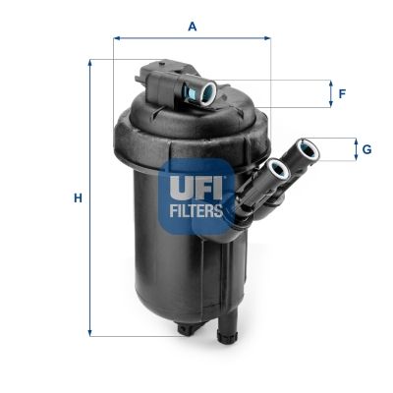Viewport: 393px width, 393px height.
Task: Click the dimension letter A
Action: tap(193, 27)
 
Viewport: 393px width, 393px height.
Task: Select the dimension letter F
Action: tap(342, 94)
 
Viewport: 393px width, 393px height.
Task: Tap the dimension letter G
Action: tap(365, 149)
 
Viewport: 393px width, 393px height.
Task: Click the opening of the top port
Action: tap(207, 93)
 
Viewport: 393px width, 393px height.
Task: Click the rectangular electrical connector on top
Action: tap(157, 77)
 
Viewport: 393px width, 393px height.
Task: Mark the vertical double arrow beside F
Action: tap(329, 94)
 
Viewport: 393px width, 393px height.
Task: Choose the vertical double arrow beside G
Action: tap(355, 149)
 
